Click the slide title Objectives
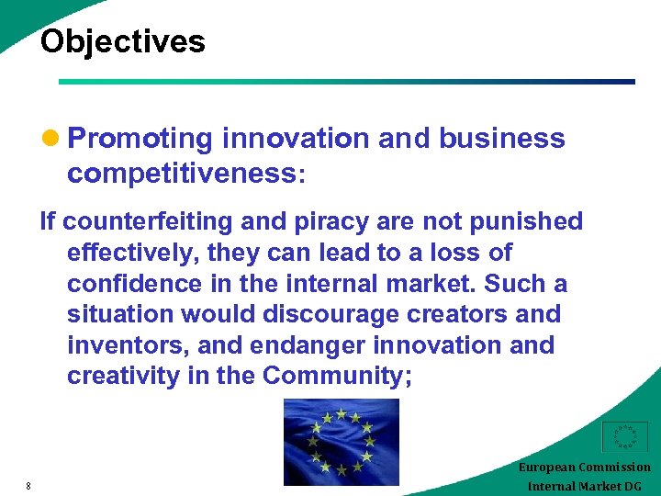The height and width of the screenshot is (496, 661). [123, 41]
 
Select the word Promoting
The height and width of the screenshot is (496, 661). [140, 139]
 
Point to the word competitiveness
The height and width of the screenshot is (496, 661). [182, 174]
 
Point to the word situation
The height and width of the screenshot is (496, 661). [119, 314]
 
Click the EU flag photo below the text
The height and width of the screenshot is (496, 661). [342, 442]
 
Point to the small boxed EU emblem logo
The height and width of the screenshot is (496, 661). [624, 437]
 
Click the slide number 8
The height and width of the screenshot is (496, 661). [28, 486]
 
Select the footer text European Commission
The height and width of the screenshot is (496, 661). [584, 467]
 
